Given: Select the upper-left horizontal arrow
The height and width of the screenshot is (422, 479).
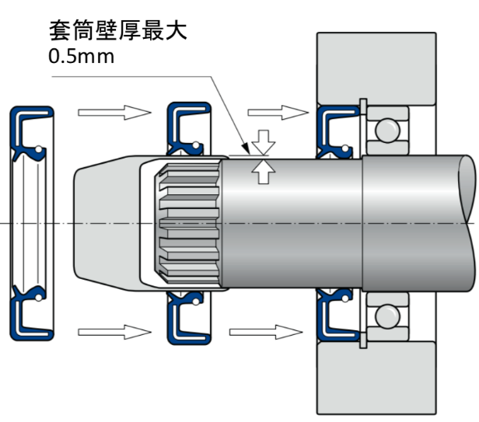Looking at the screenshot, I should pos(114,113).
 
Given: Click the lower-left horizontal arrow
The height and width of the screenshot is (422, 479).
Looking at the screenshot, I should pos(114,332).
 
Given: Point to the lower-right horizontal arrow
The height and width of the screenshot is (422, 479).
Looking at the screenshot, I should pos(267,332).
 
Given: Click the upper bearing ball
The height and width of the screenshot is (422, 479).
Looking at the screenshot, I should pos(382,128).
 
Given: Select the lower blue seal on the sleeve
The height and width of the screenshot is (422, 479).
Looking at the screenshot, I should pos(187,319).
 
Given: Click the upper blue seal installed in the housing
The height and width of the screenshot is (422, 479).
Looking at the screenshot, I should pos(334,128).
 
